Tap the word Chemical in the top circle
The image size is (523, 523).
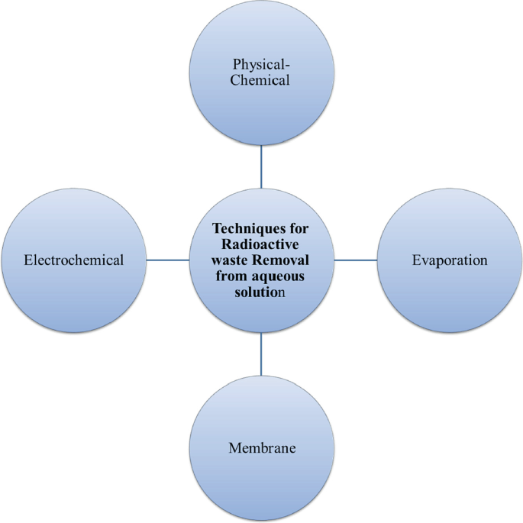tap(261, 80)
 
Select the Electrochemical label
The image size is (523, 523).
tap(73, 260)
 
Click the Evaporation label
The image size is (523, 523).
tap(449, 260)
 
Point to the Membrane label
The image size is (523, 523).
tap(262, 447)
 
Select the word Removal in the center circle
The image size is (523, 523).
tap(282, 260)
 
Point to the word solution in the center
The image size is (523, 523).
tap(261, 292)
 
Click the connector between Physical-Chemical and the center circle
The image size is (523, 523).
tap(261, 166)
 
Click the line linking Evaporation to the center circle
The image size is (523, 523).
tap(355, 260)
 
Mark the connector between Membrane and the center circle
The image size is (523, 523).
tap(261, 354)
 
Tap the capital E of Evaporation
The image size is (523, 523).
tap(415, 260)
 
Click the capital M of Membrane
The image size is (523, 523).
tap(234, 447)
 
